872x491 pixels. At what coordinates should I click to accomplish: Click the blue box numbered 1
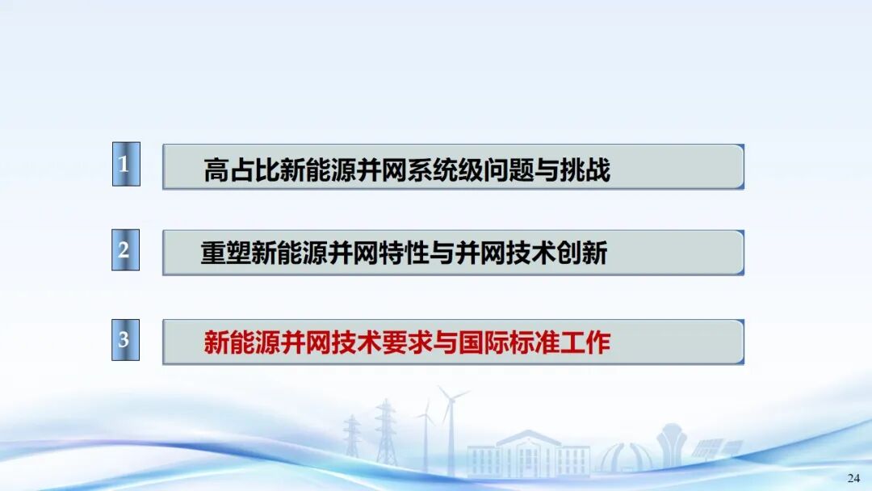[x=126, y=164]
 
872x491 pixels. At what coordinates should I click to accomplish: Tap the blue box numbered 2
[x=126, y=250]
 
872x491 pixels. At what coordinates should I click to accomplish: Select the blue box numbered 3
[x=126, y=340]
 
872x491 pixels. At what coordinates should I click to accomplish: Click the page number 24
[x=853, y=478]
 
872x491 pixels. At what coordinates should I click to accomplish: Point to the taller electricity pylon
[x=386, y=434]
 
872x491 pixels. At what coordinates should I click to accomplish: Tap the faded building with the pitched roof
[x=528, y=453]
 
